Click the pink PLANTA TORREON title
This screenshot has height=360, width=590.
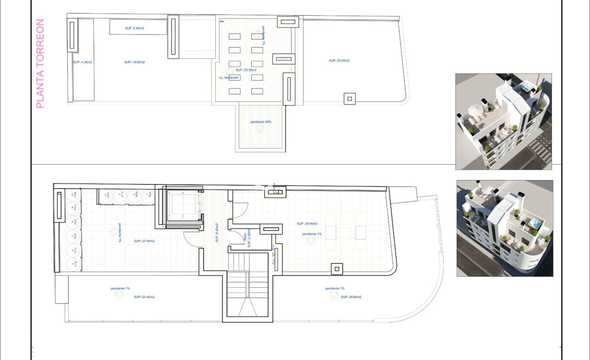40,63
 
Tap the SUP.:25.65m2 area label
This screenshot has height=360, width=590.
339,61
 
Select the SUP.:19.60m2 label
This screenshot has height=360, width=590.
135,62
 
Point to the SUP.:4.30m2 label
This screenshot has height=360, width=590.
83,62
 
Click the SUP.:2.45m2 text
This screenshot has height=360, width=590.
135,28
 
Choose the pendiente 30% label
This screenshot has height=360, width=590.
261,122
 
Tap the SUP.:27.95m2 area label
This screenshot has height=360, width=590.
144,241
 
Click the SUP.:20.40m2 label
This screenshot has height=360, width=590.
144,297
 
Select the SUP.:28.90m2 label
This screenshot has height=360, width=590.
351,297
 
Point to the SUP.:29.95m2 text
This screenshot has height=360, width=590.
307,224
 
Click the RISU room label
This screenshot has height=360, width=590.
245,240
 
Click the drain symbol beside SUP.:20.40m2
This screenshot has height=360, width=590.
119,295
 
